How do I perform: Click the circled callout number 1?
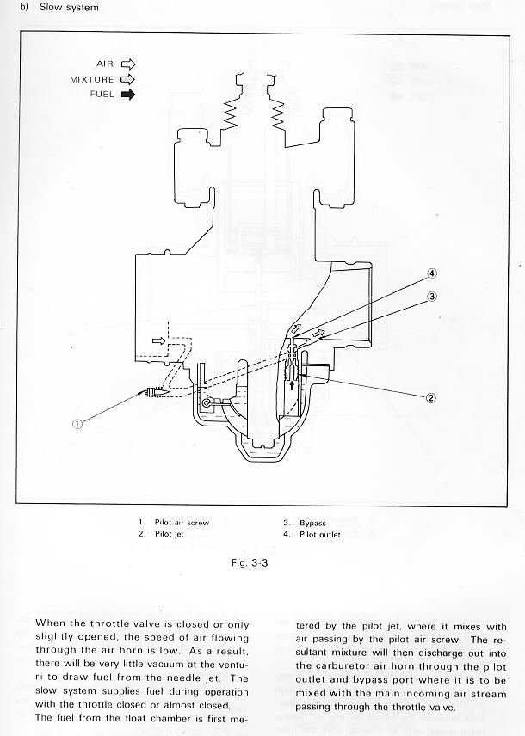[x=77, y=424]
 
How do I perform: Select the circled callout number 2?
[x=430, y=398]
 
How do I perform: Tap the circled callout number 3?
[x=432, y=296]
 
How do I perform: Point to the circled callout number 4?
[x=432, y=273]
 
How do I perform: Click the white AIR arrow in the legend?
[x=128, y=64]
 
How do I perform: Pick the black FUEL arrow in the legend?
[x=128, y=95]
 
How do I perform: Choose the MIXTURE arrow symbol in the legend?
[x=128, y=79]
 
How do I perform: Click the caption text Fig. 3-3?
[x=250, y=563]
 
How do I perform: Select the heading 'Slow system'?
[x=69, y=8]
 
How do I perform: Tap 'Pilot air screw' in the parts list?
[x=182, y=523]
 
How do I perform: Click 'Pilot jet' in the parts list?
[x=170, y=534]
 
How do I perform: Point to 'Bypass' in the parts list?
[x=312, y=523]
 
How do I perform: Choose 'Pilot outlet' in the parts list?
[x=320, y=534]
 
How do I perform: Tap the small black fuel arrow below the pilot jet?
[x=292, y=385]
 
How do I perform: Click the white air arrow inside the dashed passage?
[x=159, y=340]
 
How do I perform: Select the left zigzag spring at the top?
[x=232, y=114]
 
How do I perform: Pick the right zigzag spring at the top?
[x=278, y=114]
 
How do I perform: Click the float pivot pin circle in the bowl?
[x=206, y=402]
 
